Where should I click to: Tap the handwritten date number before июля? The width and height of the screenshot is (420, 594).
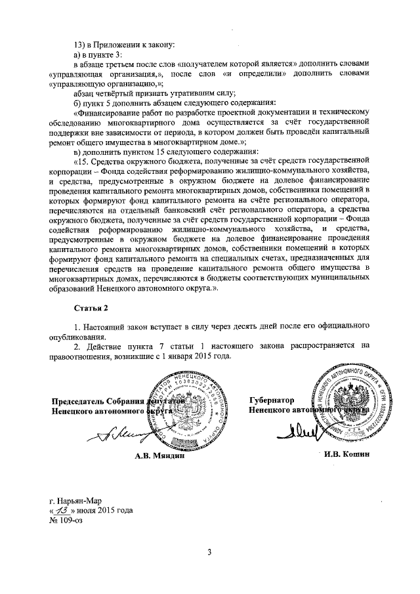click(61, 509)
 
